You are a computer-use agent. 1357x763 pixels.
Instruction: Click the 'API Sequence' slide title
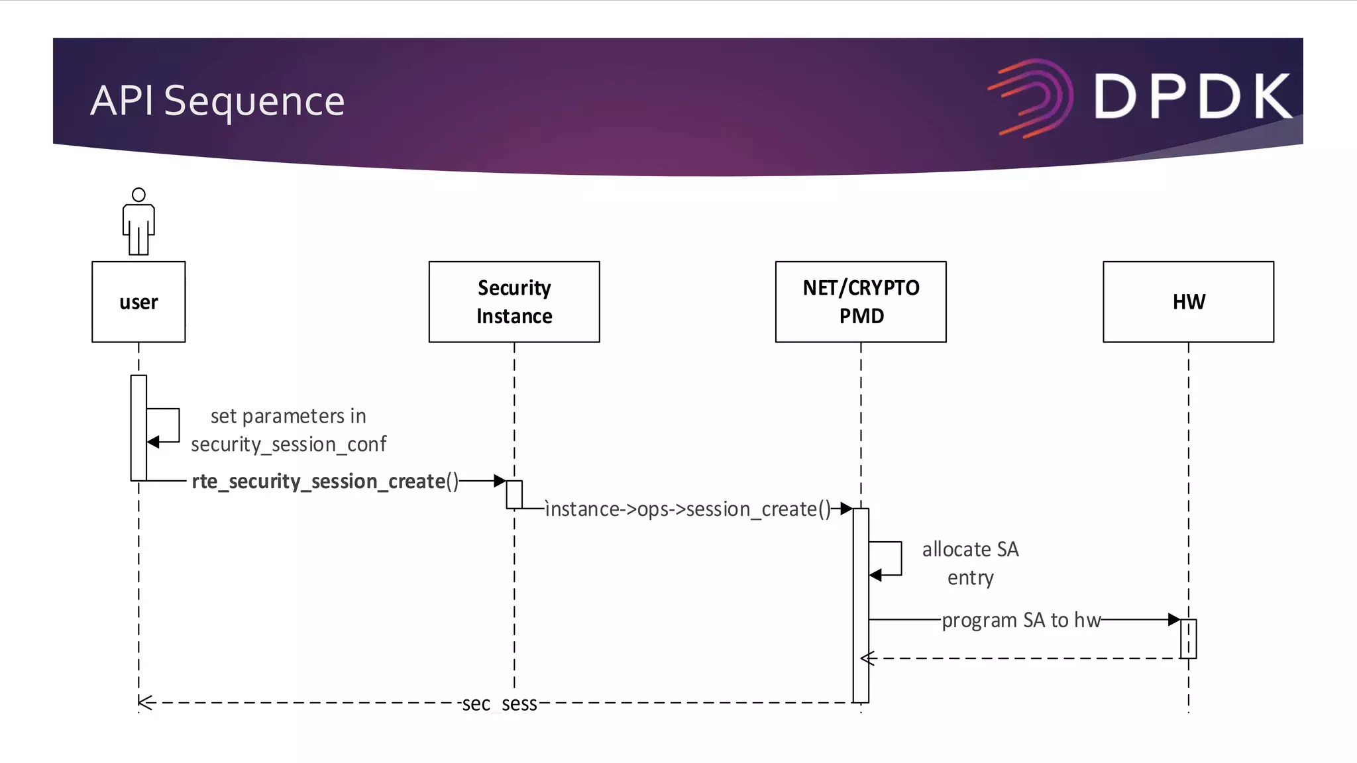217,101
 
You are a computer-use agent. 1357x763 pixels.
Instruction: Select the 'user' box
138,302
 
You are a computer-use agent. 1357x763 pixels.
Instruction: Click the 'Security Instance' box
514,302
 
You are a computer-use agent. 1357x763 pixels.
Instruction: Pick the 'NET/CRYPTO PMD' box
861,302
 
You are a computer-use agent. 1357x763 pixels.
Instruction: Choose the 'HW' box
1188,302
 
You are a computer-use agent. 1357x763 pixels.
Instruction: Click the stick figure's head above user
138,195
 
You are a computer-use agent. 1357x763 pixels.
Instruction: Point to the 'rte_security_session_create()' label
325,482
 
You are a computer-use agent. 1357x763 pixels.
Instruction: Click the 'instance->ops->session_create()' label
688,509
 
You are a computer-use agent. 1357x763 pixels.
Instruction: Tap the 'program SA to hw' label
1021,621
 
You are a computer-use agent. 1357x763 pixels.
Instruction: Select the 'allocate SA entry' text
970,563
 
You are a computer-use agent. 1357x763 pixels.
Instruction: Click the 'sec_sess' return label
500,703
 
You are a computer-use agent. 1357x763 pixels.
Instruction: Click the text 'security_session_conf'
288,444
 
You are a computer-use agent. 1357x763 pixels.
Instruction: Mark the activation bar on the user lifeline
138,428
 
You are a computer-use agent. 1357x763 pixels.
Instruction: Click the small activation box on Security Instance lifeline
514,495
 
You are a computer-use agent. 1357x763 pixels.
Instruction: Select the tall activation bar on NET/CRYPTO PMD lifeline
861,605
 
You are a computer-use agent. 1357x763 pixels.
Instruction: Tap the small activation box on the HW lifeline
1188,638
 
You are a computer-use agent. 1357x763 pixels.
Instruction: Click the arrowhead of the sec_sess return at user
146,703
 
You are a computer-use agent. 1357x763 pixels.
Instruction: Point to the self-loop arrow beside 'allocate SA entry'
891,559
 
